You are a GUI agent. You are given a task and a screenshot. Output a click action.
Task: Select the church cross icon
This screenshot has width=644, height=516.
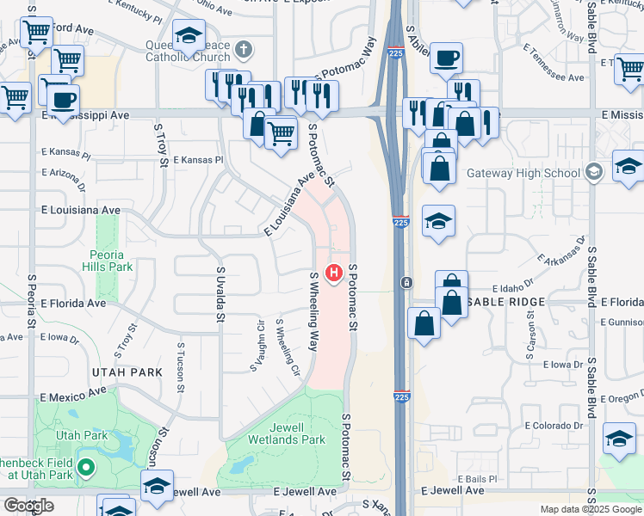click(244, 50)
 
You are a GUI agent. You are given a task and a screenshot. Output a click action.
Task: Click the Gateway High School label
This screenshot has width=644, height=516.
click(523, 173)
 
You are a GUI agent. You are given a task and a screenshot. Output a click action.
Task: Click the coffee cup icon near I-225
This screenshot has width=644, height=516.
click(447, 59)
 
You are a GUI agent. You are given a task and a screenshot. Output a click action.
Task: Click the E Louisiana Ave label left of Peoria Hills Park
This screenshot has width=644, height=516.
click(80, 209)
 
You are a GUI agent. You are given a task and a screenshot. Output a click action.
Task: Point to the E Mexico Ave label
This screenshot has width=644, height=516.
click(73, 397)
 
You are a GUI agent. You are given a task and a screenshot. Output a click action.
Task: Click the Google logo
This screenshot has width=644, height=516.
click(28, 505)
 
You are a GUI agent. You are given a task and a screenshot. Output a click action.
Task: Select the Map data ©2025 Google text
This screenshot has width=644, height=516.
click(591, 509)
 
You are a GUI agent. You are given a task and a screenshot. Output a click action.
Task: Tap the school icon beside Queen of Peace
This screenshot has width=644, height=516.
click(189, 37)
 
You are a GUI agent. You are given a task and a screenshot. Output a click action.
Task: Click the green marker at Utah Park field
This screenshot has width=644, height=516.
click(85, 469)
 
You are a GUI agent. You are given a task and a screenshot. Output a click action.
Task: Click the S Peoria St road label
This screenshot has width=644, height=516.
click(30, 300)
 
